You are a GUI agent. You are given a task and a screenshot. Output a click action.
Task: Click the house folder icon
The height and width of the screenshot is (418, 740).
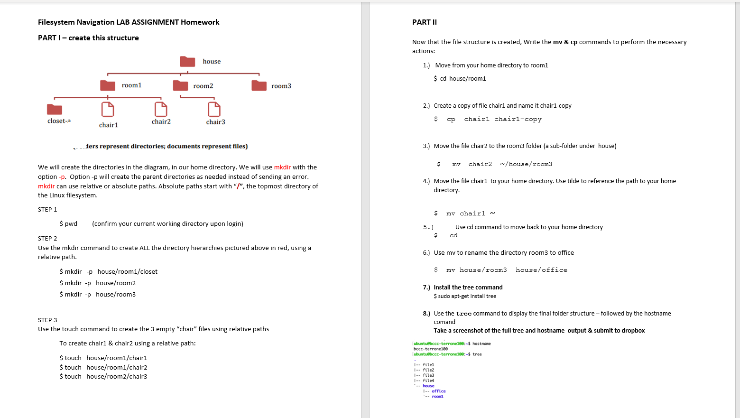[x=187, y=62]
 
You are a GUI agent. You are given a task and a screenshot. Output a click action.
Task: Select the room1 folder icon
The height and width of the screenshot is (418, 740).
[x=108, y=85]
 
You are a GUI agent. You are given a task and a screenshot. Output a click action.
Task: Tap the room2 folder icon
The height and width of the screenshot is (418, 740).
[x=180, y=85]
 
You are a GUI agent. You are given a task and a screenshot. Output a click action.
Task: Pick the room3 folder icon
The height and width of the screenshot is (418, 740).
[x=259, y=85]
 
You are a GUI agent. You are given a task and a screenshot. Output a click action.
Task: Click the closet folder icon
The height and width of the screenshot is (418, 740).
[x=55, y=110]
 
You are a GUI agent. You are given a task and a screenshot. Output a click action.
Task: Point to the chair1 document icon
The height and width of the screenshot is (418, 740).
[x=108, y=110]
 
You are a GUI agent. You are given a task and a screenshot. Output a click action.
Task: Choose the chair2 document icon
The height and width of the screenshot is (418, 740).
[x=161, y=110]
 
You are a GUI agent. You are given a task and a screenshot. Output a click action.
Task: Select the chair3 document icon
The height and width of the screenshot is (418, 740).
[x=214, y=110]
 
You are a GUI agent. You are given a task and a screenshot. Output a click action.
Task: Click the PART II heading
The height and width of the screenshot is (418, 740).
[x=425, y=22]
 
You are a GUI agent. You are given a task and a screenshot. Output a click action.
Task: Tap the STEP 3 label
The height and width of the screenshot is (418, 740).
[x=47, y=320]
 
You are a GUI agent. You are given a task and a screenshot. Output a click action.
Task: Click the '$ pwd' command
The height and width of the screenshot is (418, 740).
[x=68, y=224]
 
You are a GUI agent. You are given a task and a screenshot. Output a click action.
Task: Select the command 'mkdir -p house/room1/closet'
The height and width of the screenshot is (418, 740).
[x=109, y=272]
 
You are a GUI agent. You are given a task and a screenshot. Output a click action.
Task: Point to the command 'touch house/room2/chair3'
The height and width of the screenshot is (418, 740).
[x=103, y=377]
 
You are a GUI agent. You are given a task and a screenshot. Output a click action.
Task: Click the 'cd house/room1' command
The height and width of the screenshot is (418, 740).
[x=460, y=79]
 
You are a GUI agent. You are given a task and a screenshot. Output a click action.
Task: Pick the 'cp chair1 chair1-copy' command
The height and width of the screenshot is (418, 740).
[x=493, y=120]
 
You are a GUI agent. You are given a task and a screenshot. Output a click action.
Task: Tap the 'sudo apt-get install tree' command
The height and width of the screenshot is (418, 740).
[x=465, y=296]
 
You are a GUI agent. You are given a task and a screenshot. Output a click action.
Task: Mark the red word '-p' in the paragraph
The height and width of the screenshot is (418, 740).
[x=62, y=177]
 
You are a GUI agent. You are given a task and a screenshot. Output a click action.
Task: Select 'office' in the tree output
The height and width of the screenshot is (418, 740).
[x=438, y=391]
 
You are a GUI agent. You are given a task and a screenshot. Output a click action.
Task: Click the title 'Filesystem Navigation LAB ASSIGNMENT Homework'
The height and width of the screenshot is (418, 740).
[x=129, y=22]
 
